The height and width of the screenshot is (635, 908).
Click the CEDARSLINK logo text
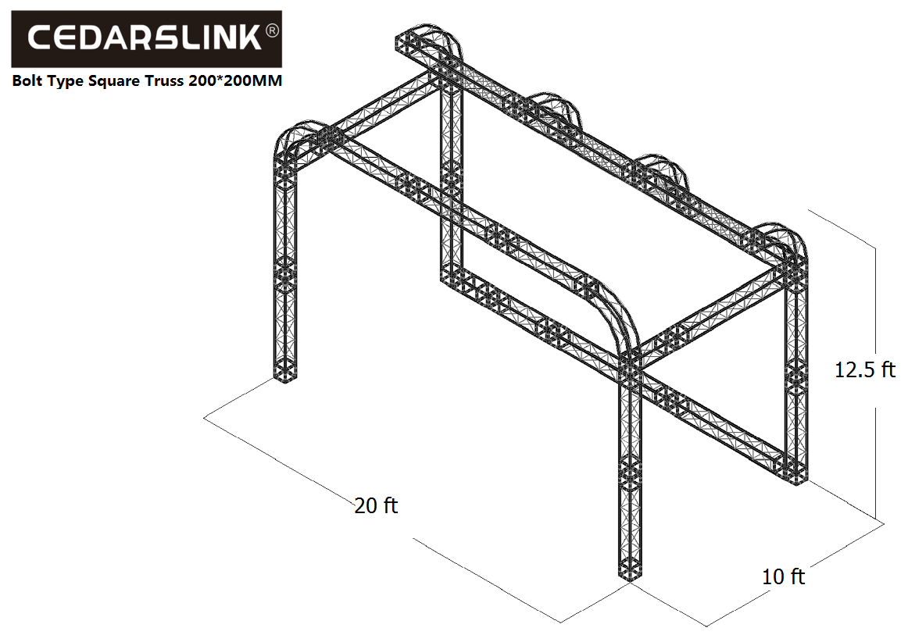point(145,38)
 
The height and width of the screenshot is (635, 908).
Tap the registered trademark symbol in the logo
point(272,30)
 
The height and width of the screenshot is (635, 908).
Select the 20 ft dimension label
point(376,505)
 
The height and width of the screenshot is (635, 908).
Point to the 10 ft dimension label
point(783,576)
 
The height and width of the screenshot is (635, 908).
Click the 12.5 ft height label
point(864,369)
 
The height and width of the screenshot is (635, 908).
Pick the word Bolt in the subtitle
point(28,80)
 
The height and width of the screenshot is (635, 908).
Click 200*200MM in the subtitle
point(235,80)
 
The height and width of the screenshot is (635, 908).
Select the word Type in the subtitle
point(66,81)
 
